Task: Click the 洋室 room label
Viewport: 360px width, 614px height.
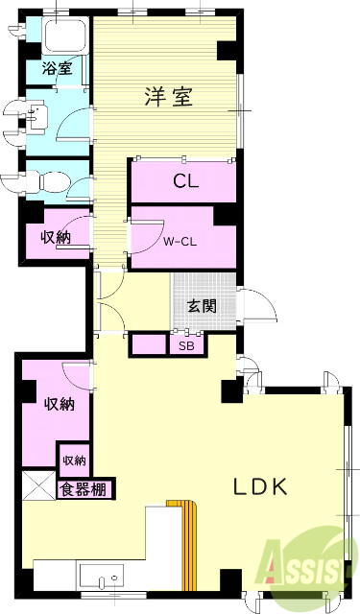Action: (169, 96)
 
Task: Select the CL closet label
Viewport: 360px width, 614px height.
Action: (186, 181)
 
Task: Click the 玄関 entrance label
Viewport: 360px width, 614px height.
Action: (201, 306)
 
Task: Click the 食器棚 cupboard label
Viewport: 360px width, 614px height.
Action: (85, 489)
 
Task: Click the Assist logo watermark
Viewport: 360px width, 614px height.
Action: (308, 572)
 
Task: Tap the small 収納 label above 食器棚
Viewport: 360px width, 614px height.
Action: (75, 461)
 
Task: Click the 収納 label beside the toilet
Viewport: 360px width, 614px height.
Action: (54, 237)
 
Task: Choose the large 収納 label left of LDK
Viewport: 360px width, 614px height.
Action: (59, 404)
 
